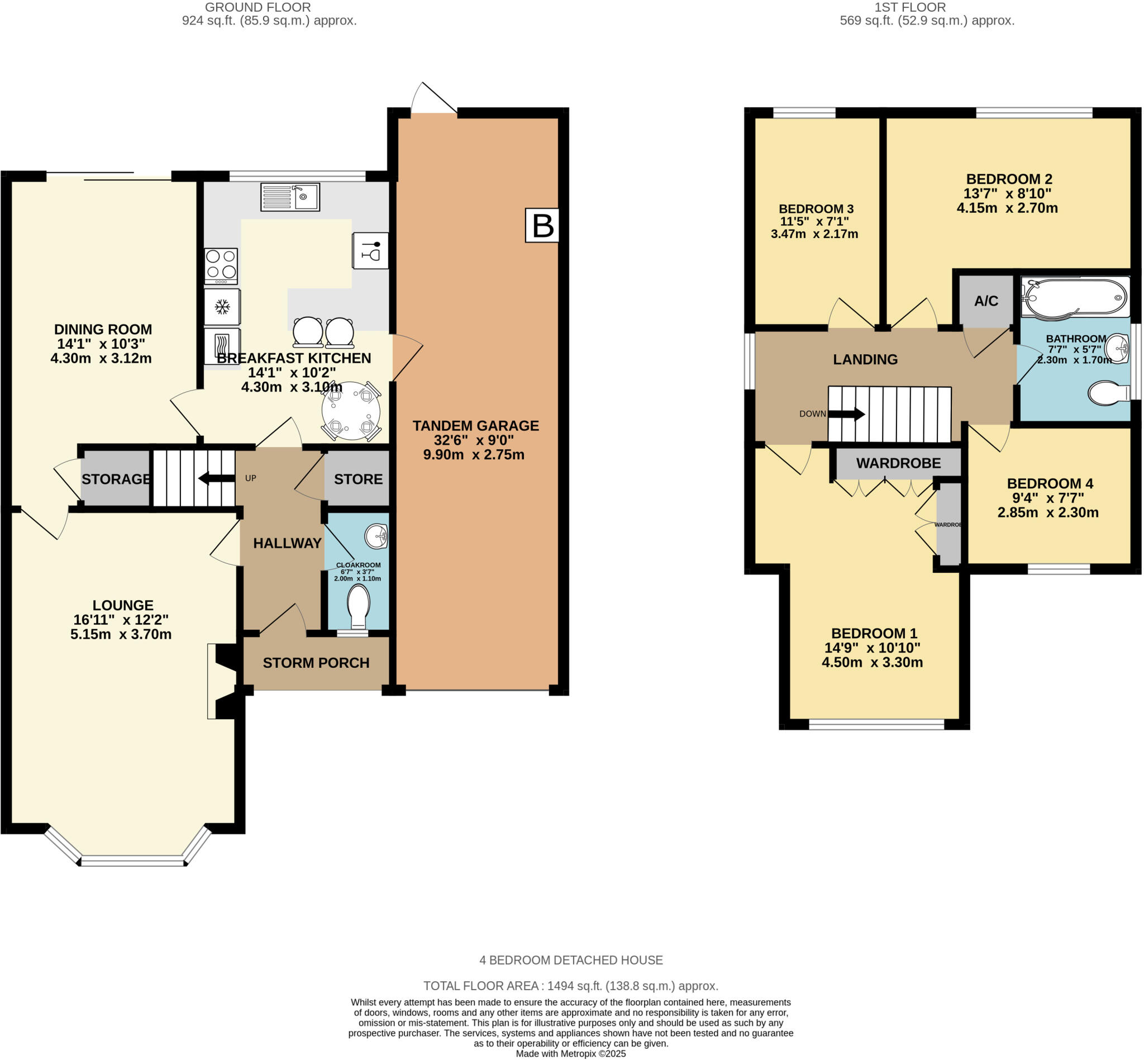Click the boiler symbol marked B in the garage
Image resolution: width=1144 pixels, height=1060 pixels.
542,225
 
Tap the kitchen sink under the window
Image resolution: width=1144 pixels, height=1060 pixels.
290,197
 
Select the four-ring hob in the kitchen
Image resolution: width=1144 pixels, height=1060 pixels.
221,266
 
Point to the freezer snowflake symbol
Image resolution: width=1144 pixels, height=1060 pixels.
222,307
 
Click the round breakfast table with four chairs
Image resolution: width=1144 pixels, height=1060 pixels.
351,411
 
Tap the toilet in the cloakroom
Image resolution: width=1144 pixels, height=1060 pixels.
359,606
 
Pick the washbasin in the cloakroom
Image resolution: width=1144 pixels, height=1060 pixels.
376,536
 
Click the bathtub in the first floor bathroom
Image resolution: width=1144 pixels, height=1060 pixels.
1075,297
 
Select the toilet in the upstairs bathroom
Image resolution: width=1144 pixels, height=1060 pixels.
1109,393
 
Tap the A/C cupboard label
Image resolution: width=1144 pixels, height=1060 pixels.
986,301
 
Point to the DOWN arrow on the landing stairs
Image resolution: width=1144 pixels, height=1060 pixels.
846,413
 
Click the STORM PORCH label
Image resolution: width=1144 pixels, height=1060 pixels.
316,663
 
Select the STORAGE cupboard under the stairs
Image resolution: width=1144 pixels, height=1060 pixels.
116,478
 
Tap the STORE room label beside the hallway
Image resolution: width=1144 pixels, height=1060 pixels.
359,479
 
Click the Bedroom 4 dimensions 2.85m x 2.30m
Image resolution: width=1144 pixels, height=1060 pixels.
1048,512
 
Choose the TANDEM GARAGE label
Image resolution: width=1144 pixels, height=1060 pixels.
476,426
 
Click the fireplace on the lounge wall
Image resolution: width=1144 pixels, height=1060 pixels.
223,681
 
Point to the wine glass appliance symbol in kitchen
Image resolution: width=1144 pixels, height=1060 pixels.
370,250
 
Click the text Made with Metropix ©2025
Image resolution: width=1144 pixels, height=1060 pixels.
570,1054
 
